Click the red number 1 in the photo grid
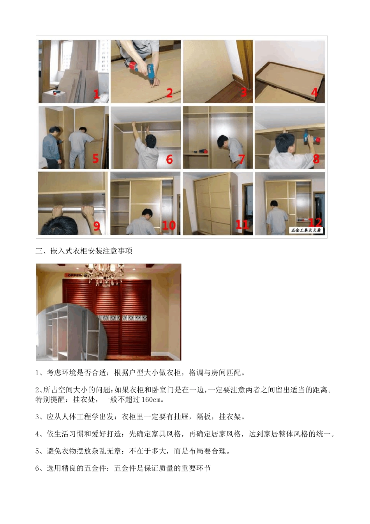tap(96, 94)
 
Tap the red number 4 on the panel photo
tap(314, 92)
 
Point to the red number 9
tap(97, 226)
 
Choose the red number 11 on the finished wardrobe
tap(242, 225)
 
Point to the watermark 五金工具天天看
tap(306, 230)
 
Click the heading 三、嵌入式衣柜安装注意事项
tap(84, 251)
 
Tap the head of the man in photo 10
tap(147, 213)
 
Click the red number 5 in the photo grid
tap(95, 159)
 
